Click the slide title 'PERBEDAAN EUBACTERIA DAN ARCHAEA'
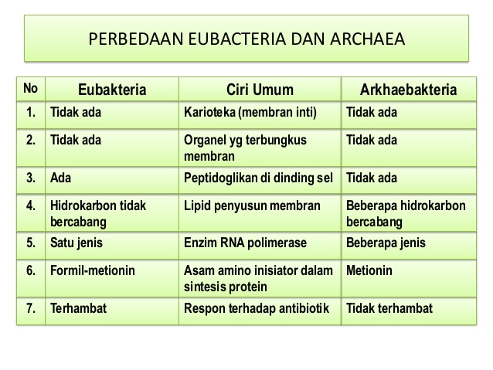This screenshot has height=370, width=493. (x=246, y=39)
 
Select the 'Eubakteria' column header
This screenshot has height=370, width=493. (x=112, y=90)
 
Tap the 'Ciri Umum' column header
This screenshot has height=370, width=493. (x=260, y=90)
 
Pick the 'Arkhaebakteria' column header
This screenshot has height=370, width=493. (x=409, y=90)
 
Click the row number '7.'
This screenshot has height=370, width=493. (x=31, y=308)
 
